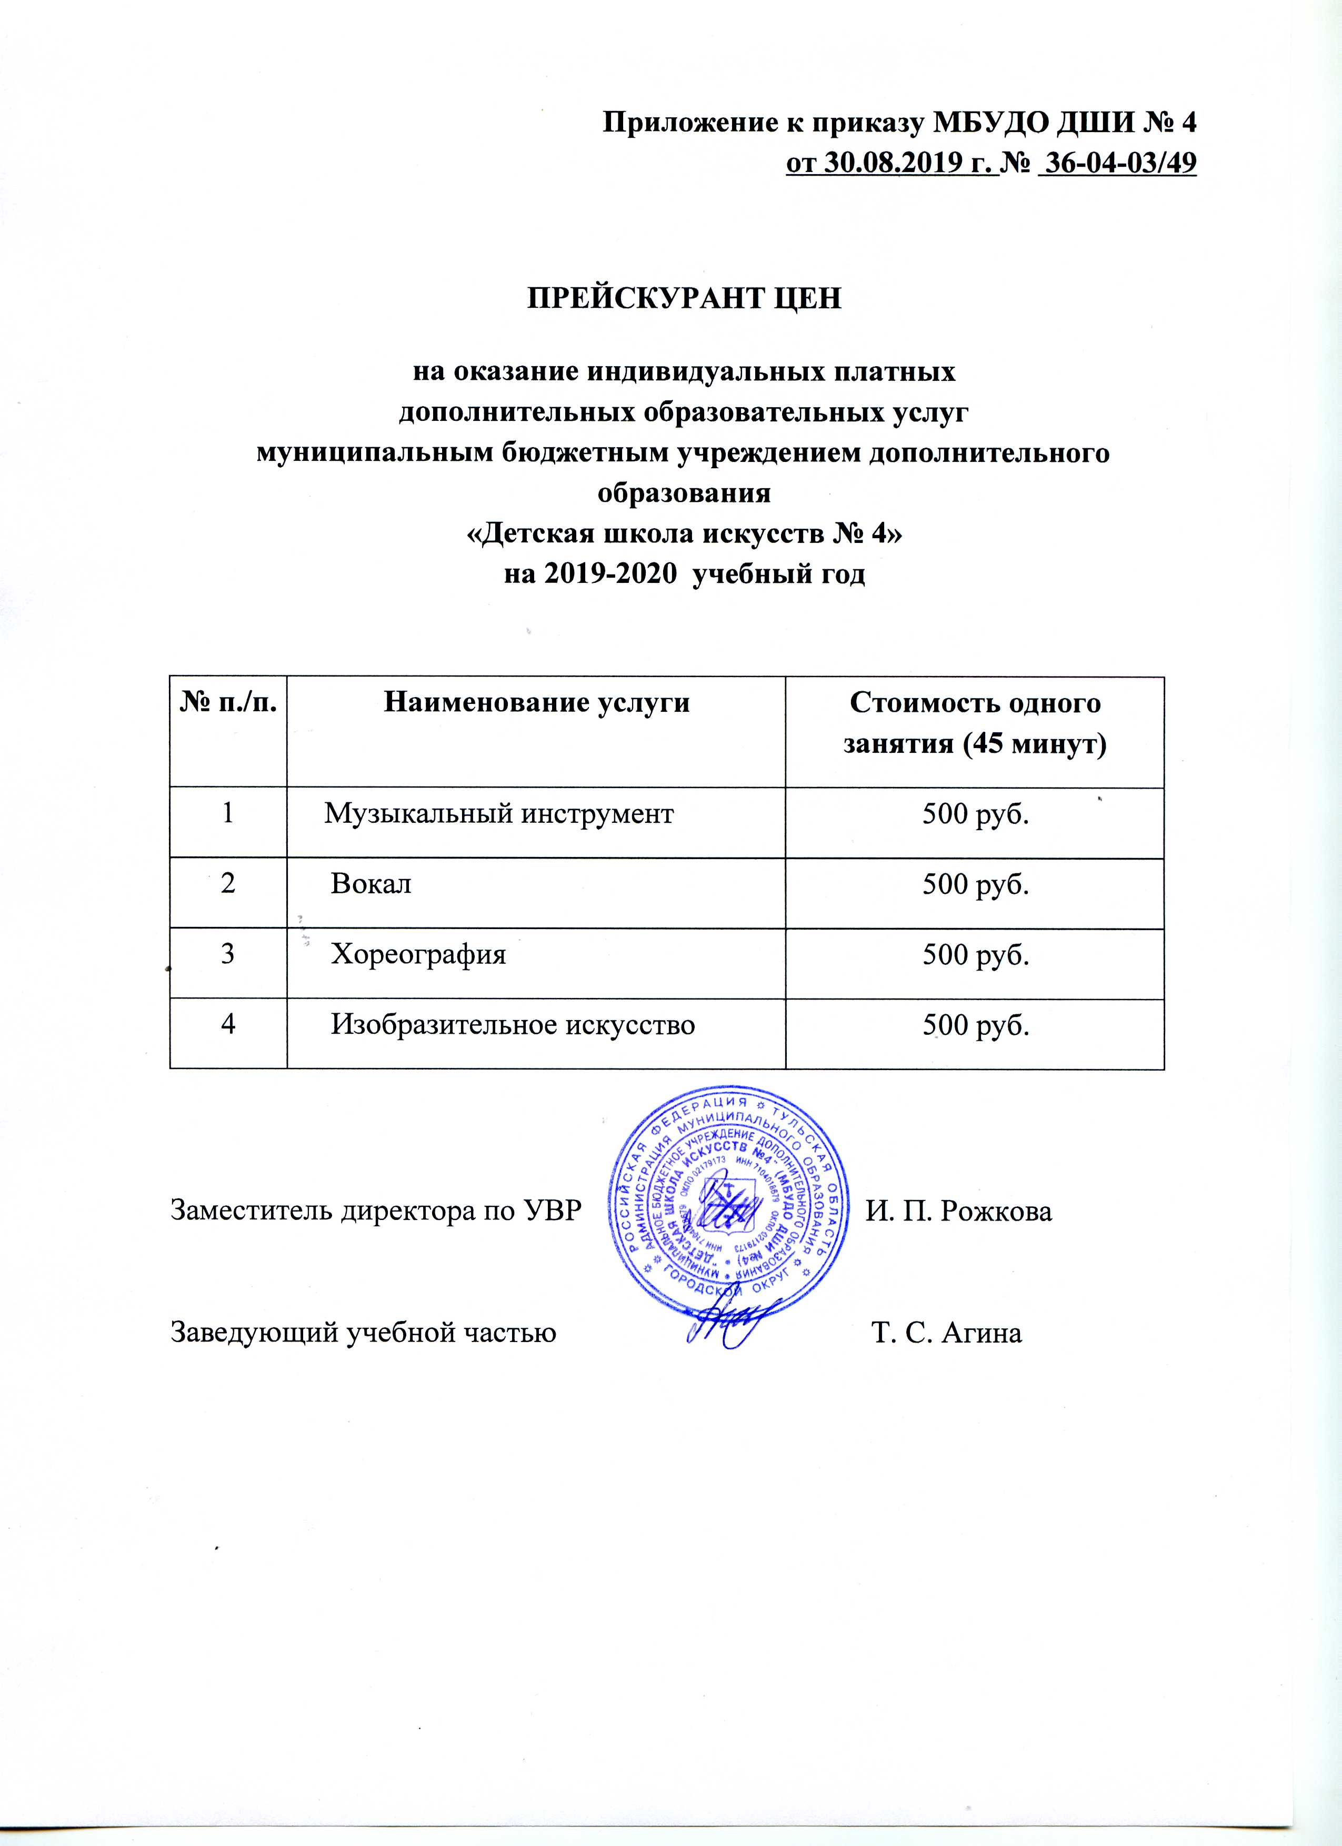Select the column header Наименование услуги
tap(536, 702)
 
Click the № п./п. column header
tap(228, 702)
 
